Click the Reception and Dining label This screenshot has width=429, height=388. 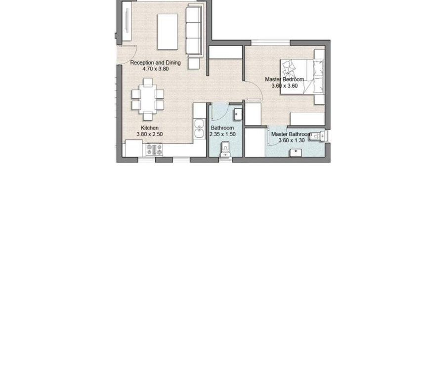155,63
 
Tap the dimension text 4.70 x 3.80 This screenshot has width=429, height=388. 155,69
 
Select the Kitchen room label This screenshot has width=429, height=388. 149,128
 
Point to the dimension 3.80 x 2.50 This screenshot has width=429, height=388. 149,134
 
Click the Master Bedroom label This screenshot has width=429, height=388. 284,80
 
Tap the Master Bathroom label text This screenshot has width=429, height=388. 292,134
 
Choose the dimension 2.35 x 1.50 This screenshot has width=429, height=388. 222,134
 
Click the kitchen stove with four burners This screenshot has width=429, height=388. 154,150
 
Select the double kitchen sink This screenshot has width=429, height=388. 199,129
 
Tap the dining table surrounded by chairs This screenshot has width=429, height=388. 148,99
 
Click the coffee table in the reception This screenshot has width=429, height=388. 168,32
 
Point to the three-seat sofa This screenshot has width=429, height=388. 195,31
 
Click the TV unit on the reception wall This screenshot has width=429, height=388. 127,21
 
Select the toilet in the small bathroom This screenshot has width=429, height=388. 225,149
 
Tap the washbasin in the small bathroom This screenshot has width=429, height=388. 238,114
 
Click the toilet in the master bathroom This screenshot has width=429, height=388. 318,136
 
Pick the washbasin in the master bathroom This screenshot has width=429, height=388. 296,153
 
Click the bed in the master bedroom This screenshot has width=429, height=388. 302,77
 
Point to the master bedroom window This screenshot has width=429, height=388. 270,43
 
